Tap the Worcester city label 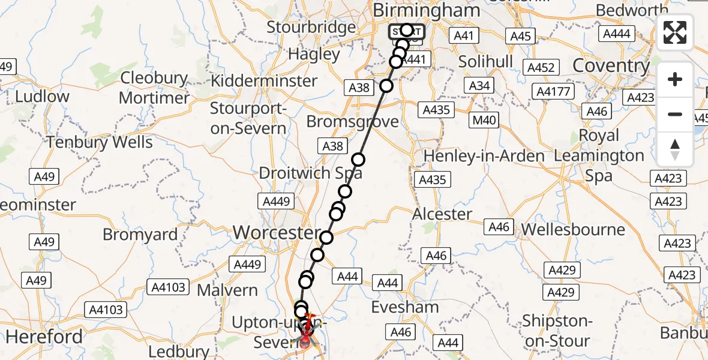[x=277, y=232]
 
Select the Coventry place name [x=611, y=65]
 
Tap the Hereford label [x=44, y=337]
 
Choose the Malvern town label [x=227, y=290]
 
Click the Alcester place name [x=443, y=214]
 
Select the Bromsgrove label [x=352, y=122]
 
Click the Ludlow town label [x=42, y=97]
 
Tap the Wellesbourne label [x=573, y=230]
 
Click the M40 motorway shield [x=484, y=120]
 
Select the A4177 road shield [x=555, y=92]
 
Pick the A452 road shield [x=541, y=68]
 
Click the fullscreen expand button [x=675, y=33]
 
